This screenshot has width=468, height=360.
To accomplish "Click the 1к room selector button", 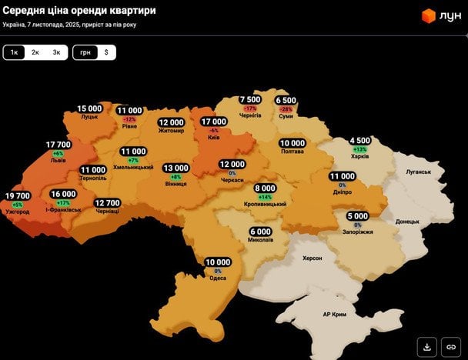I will tap(14, 52).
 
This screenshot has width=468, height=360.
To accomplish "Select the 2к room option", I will tap(35, 52).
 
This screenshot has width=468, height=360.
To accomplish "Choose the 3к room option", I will tap(56, 52).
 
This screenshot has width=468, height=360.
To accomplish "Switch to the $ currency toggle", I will tap(105, 52).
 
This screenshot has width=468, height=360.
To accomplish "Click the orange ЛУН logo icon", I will tap(429, 15).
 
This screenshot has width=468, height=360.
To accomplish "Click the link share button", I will tap(451, 345).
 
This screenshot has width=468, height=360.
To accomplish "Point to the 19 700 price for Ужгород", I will tap(17, 196).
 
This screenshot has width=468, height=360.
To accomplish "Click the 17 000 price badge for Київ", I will tap(213, 122).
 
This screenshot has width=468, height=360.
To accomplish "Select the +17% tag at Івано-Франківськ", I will tap(63, 203).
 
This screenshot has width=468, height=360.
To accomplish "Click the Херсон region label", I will tap(313, 258).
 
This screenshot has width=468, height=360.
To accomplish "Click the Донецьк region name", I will tap(406, 221).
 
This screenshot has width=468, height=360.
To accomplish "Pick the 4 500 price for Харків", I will tap(360, 141).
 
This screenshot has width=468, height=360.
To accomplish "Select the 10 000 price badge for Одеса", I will tap(218, 262).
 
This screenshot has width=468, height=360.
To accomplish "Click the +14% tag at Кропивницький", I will tap(266, 197).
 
